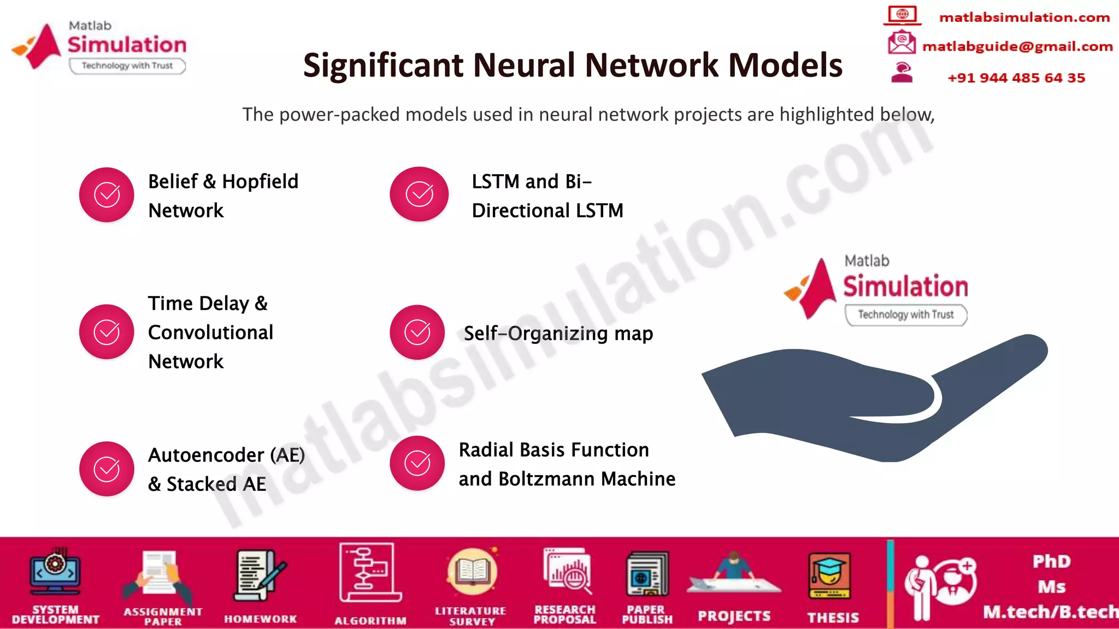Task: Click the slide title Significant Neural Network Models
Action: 573,65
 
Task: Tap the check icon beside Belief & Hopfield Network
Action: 107,194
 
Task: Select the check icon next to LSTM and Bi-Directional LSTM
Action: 419,194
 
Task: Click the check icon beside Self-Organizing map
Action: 417,332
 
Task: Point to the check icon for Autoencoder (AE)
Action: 107,468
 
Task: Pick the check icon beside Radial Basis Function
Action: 417,463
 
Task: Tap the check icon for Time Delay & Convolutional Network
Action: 107,331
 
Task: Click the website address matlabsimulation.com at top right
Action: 1024,17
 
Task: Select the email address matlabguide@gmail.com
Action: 1017,46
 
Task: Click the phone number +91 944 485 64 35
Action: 1016,78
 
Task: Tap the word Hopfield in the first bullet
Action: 260,181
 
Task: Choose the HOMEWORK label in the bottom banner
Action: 260,619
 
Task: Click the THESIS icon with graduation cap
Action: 829,576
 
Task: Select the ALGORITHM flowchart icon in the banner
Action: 369,572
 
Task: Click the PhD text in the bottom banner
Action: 1051,561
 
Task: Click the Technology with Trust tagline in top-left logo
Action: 127,66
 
